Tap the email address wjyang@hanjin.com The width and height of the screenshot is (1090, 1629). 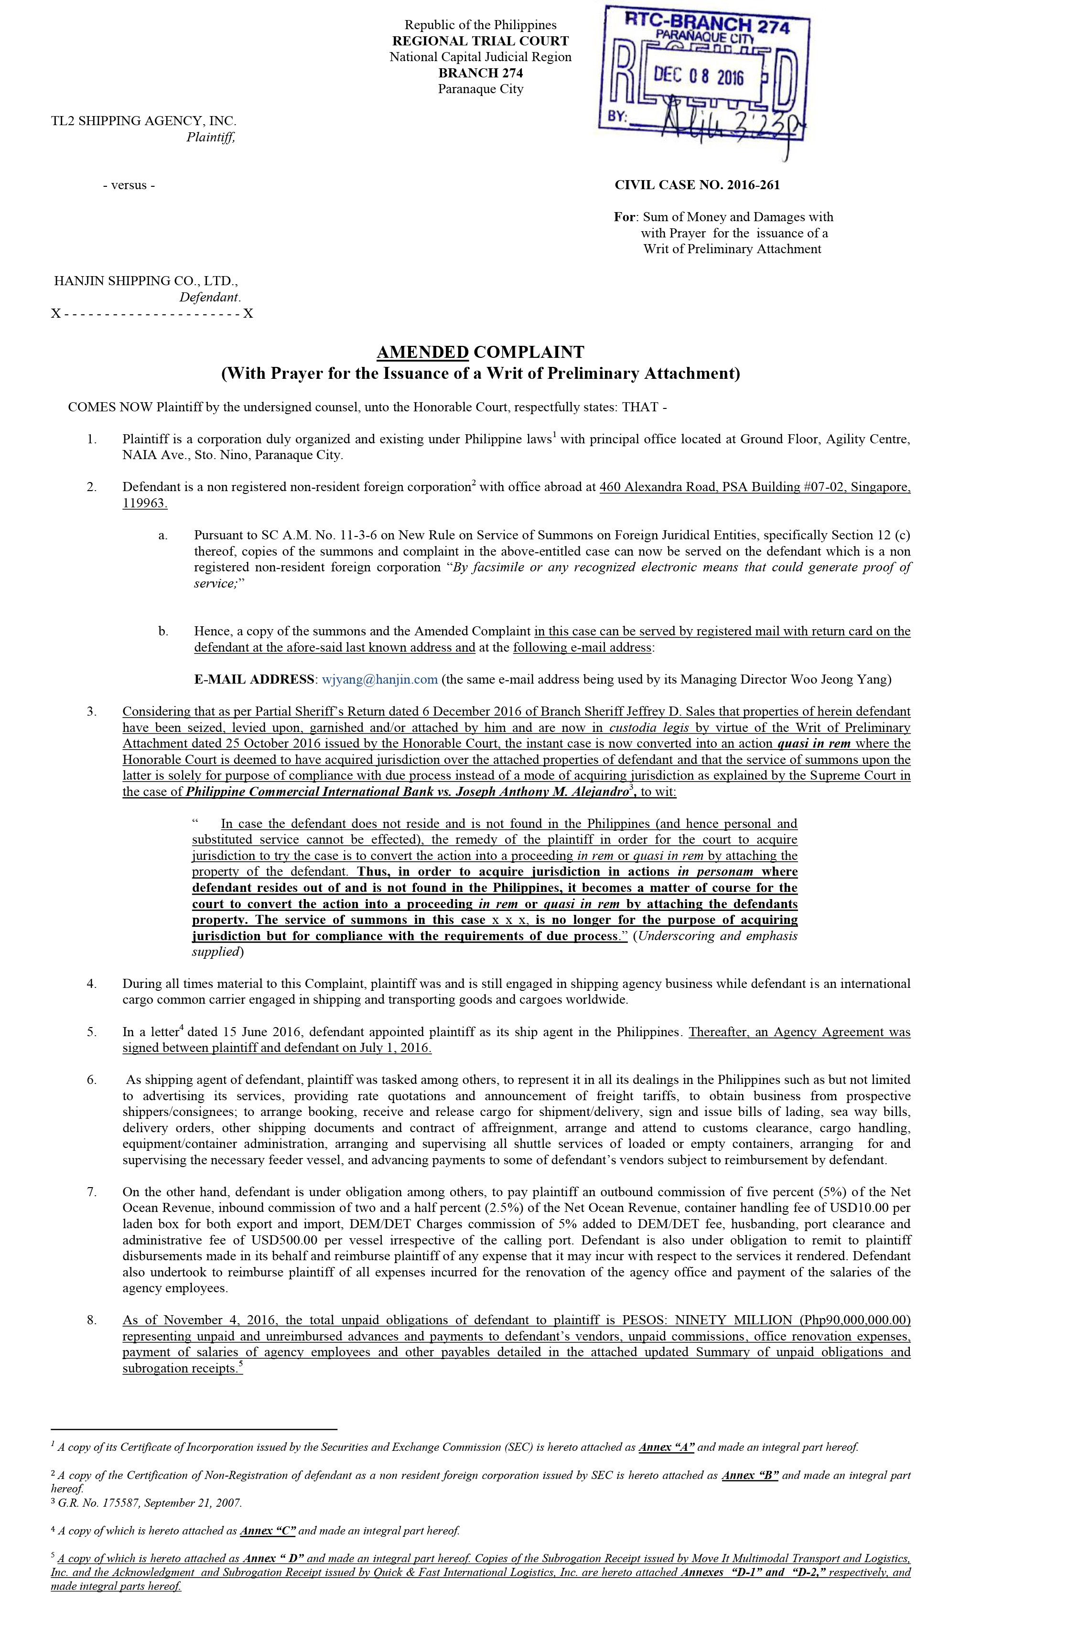tap(379, 679)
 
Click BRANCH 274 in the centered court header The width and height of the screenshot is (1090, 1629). tap(480, 73)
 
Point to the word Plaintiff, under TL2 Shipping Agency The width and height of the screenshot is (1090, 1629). tap(211, 137)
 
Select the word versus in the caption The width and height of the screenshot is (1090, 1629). tap(129, 185)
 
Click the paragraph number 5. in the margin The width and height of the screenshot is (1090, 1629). tap(92, 1032)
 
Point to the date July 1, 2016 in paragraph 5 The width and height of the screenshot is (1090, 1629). tap(392, 1048)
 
